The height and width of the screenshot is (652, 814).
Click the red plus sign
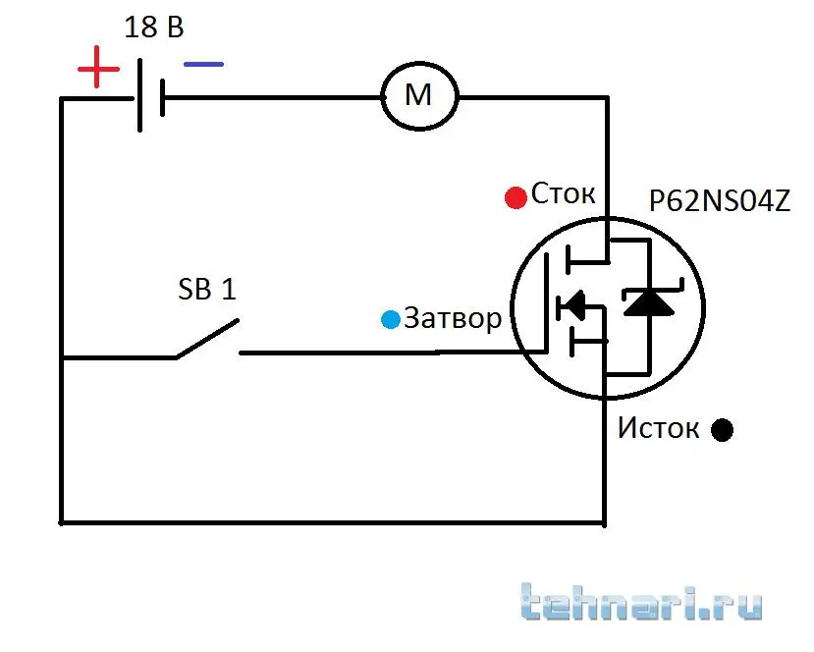(98, 70)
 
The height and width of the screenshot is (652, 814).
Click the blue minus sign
(203, 65)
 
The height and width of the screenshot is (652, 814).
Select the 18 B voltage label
(153, 27)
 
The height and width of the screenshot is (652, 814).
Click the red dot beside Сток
(515, 197)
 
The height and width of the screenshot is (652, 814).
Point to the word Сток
(564, 193)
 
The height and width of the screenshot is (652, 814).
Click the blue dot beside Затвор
(391, 319)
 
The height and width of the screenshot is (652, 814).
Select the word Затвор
(452, 318)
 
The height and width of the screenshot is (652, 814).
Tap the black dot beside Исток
(722, 430)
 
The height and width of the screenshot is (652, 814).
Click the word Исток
(658, 428)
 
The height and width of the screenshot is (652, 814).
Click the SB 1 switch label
(206, 290)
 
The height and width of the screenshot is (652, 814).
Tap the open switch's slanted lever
(207, 339)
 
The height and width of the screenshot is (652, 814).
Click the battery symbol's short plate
(159, 98)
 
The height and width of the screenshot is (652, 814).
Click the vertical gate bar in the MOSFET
(546, 304)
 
